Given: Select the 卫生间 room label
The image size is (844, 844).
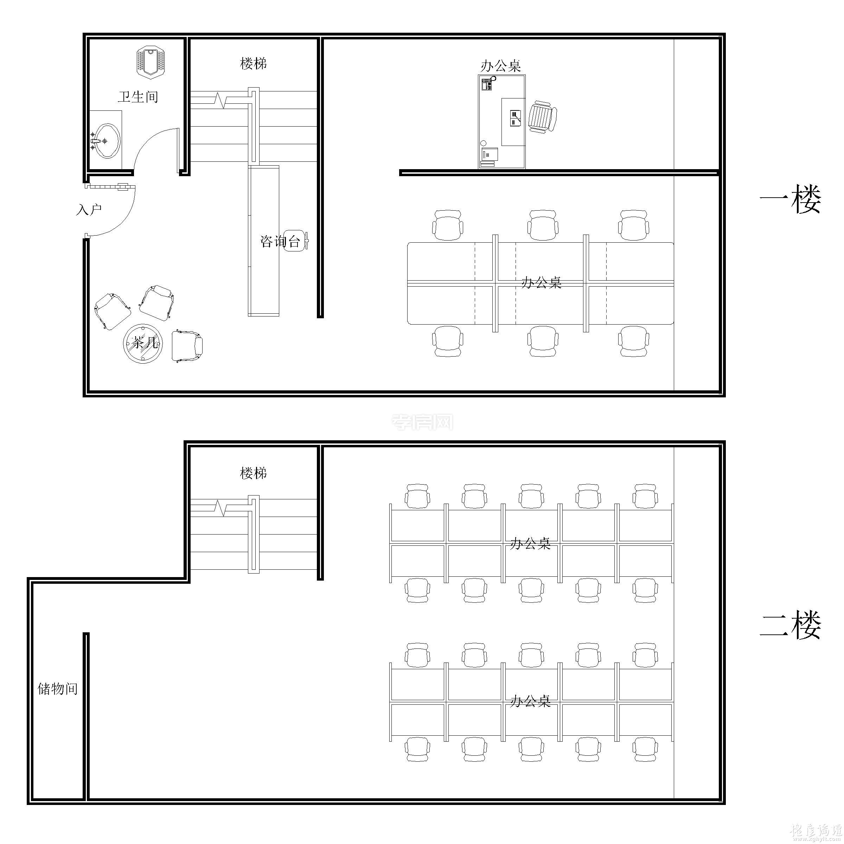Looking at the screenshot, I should click(x=138, y=97).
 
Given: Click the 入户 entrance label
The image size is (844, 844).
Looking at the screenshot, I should click(x=89, y=210).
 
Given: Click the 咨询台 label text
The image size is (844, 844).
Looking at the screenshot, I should click(x=280, y=241).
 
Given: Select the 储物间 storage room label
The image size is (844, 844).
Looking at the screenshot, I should click(x=57, y=689).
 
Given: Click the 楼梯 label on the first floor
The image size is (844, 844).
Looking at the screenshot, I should click(x=253, y=64).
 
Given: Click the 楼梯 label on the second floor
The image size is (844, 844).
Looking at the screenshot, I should click(x=253, y=473).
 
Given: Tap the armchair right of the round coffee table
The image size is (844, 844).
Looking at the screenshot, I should click(x=187, y=346).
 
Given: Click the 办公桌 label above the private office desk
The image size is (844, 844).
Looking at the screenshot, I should click(x=501, y=66).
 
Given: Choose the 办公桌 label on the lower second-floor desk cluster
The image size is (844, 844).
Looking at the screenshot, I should click(x=530, y=701).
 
